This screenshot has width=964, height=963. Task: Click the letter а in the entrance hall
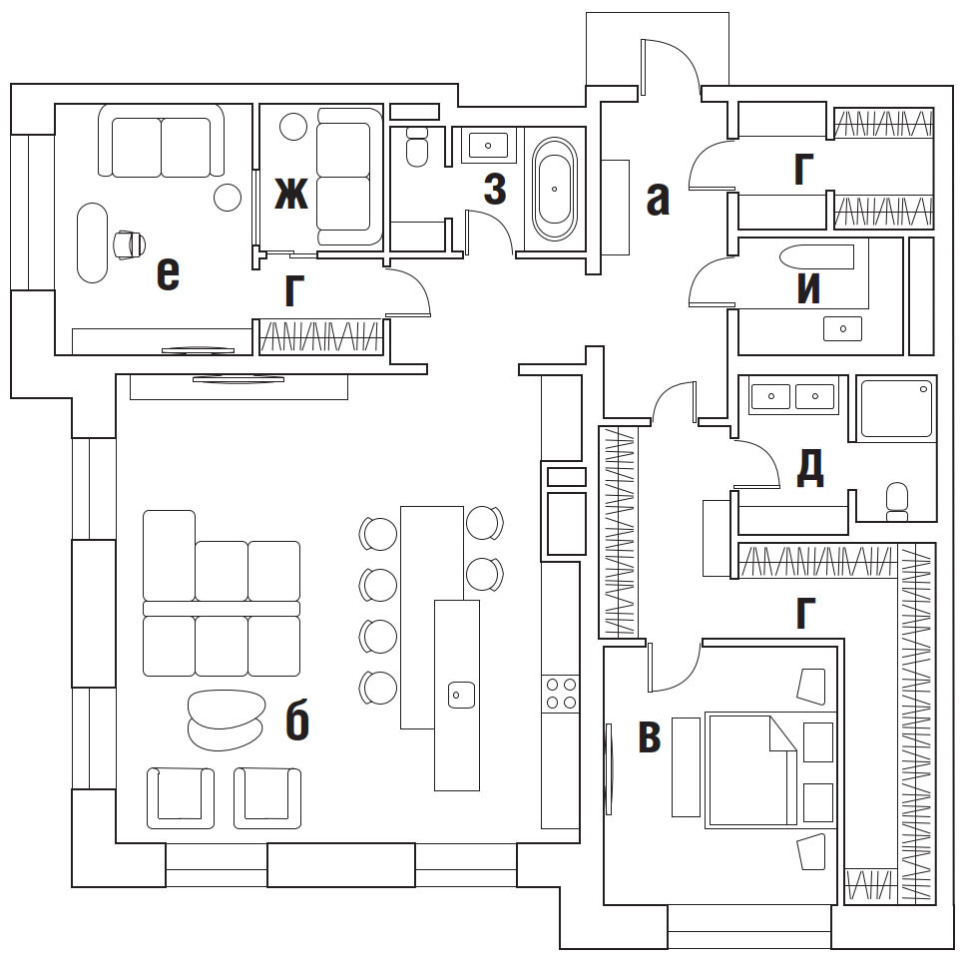click(x=656, y=200)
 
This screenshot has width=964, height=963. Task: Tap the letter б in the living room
click(x=296, y=722)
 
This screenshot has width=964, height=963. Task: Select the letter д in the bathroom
click(x=809, y=468)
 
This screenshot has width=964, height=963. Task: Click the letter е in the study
click(x=168, y=273)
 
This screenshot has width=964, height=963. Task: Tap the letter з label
click(x=494, y=190)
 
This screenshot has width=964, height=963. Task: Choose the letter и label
click(x=808, y=288)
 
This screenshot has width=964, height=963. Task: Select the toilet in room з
click(x=417, y=147)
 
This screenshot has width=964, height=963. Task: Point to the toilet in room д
click(x=896, y=500)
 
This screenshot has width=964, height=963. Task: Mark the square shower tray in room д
click(x=896, y=407)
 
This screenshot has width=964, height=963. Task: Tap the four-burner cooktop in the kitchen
click(x=561, y=694)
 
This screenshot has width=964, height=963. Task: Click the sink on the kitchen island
click(x=460, y=693)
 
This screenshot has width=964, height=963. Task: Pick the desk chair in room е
click(x=130, y=242)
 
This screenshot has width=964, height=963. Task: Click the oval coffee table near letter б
click(x=226, y=720)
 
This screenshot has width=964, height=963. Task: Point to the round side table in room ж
click(x=292, y=127)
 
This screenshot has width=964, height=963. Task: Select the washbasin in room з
click(x=488, y=146)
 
